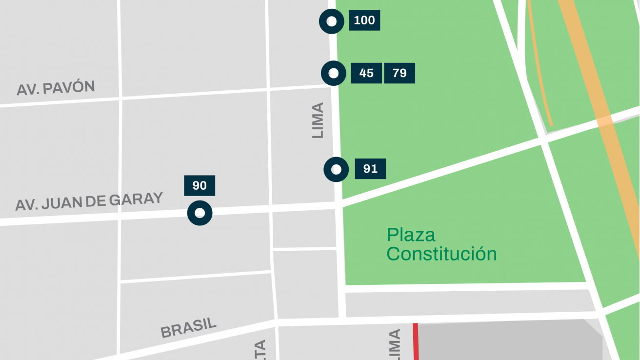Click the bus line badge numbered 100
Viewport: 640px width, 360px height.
pyautogui.click(x=364, y=20)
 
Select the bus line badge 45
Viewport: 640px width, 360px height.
pyautogui.click(x=366, y=73)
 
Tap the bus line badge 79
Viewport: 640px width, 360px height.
pyautogui.click(x=400, y=73)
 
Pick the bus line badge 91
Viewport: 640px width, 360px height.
pyautogui.click(x=370, y=169)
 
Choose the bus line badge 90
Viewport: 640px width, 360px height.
pyautogui.click(x=200, y=186)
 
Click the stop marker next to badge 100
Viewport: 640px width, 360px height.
pyautogui.click(x=332, y=21)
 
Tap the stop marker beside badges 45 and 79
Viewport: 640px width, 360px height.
pyautogui.click(x=334, y=73)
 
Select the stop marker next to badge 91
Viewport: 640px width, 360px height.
pyautogui.click(x=336, y=170)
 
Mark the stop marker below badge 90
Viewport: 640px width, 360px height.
pyautogui.click(x=200, y=213)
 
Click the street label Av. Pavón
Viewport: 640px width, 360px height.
pyautogui.click(x=56, y=88)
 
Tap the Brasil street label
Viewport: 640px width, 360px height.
pyautogui.click(x=188, y=328)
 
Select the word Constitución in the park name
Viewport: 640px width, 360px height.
pyautogui.click(x=441, y=254)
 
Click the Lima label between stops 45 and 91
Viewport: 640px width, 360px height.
pyautogui.click(x=318, y=120)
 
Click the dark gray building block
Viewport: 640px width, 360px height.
pyautogui.click(x=507, y=341)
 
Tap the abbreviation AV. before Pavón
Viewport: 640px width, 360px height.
pyautogui.click(x=27, y=90)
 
